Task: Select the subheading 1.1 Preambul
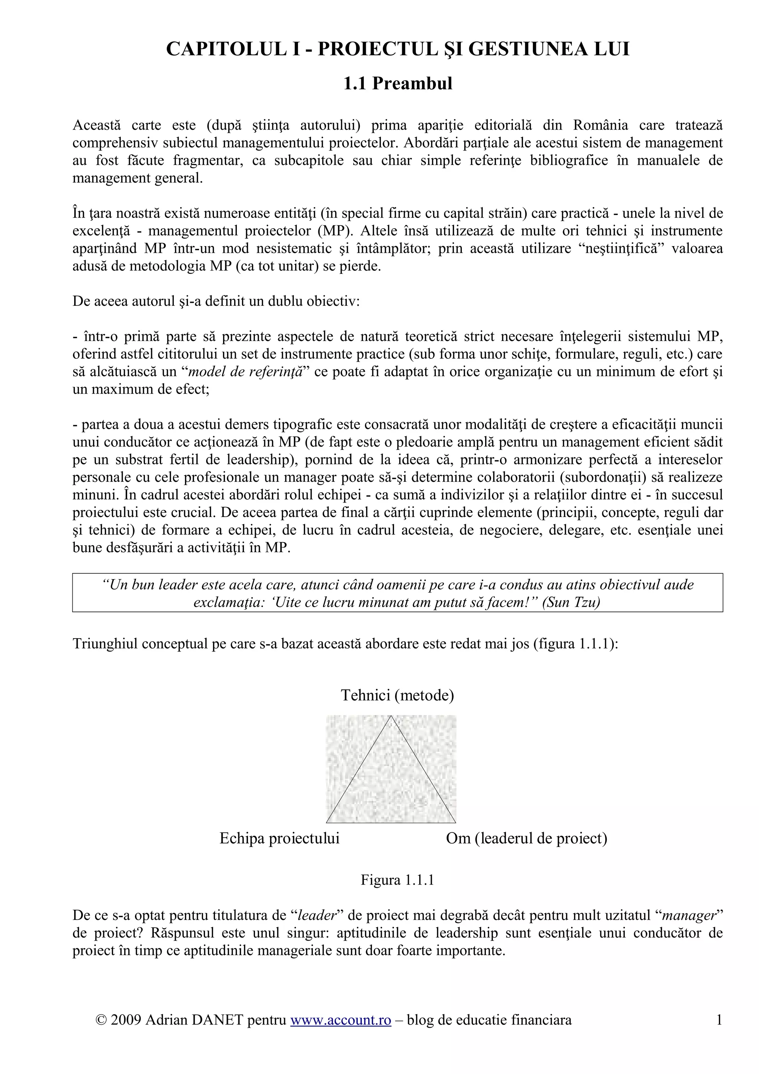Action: pos(398,84)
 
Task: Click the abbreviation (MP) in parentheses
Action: pos(335,231)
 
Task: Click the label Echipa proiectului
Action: pos(280,838)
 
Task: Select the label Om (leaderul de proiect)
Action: pos(527,838)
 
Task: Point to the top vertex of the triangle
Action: pos(391,716)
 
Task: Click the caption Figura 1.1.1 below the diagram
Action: pos(398,880)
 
